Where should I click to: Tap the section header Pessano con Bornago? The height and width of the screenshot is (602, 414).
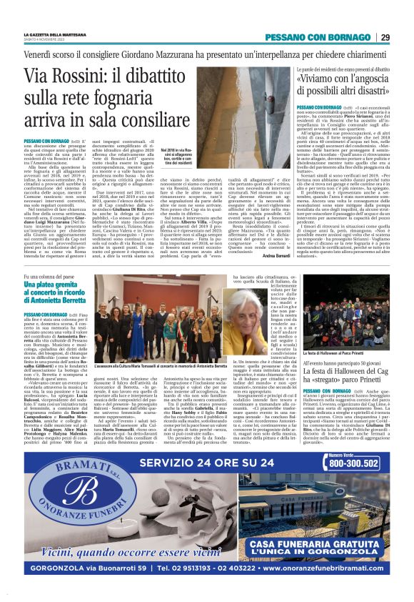(328, 37)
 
